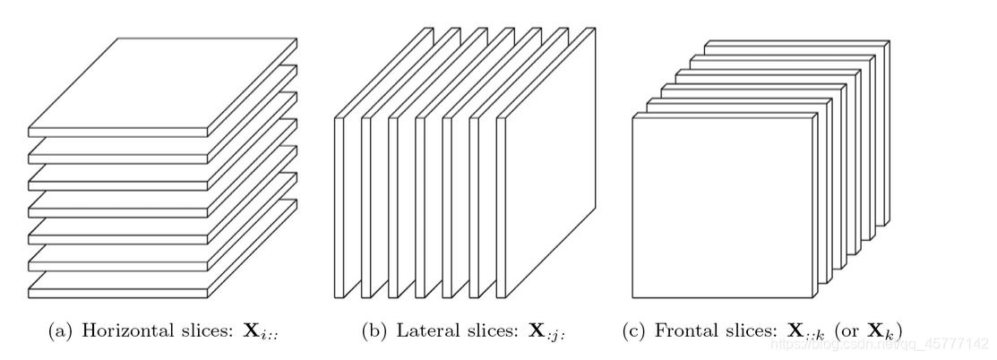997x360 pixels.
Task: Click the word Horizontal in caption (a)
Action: pos(122,332)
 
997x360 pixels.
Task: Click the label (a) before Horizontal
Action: pos(62,332)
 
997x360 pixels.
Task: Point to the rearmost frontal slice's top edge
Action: pos(797,41)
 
